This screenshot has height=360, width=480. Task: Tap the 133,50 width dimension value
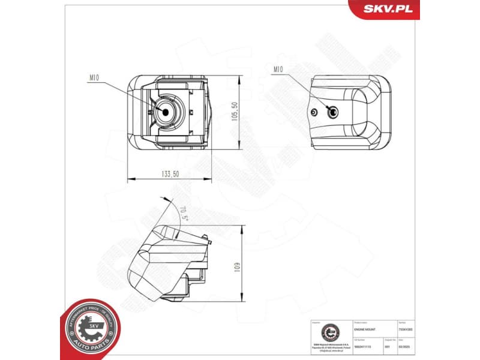click(170, 173)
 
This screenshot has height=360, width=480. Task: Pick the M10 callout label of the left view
click(94, 77)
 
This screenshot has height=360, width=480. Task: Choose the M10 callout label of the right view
click(278, 70)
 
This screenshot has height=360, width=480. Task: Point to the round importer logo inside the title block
click(331, 332)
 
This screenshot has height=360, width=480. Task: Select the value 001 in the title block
click(387, 347)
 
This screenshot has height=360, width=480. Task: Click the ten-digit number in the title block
click(364, 347)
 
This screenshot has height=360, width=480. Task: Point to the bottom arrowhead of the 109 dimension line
click(243, 300)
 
